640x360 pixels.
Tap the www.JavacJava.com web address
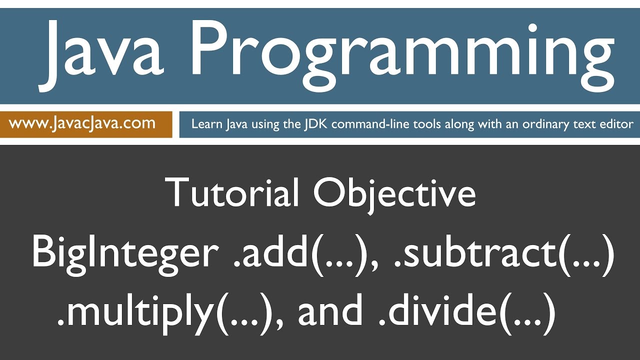[x=82, y=123]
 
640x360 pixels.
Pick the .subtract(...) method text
[x=502, y=252]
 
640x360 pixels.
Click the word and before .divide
[x=330, y=311]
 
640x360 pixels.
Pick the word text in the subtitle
[x=585, y=123]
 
